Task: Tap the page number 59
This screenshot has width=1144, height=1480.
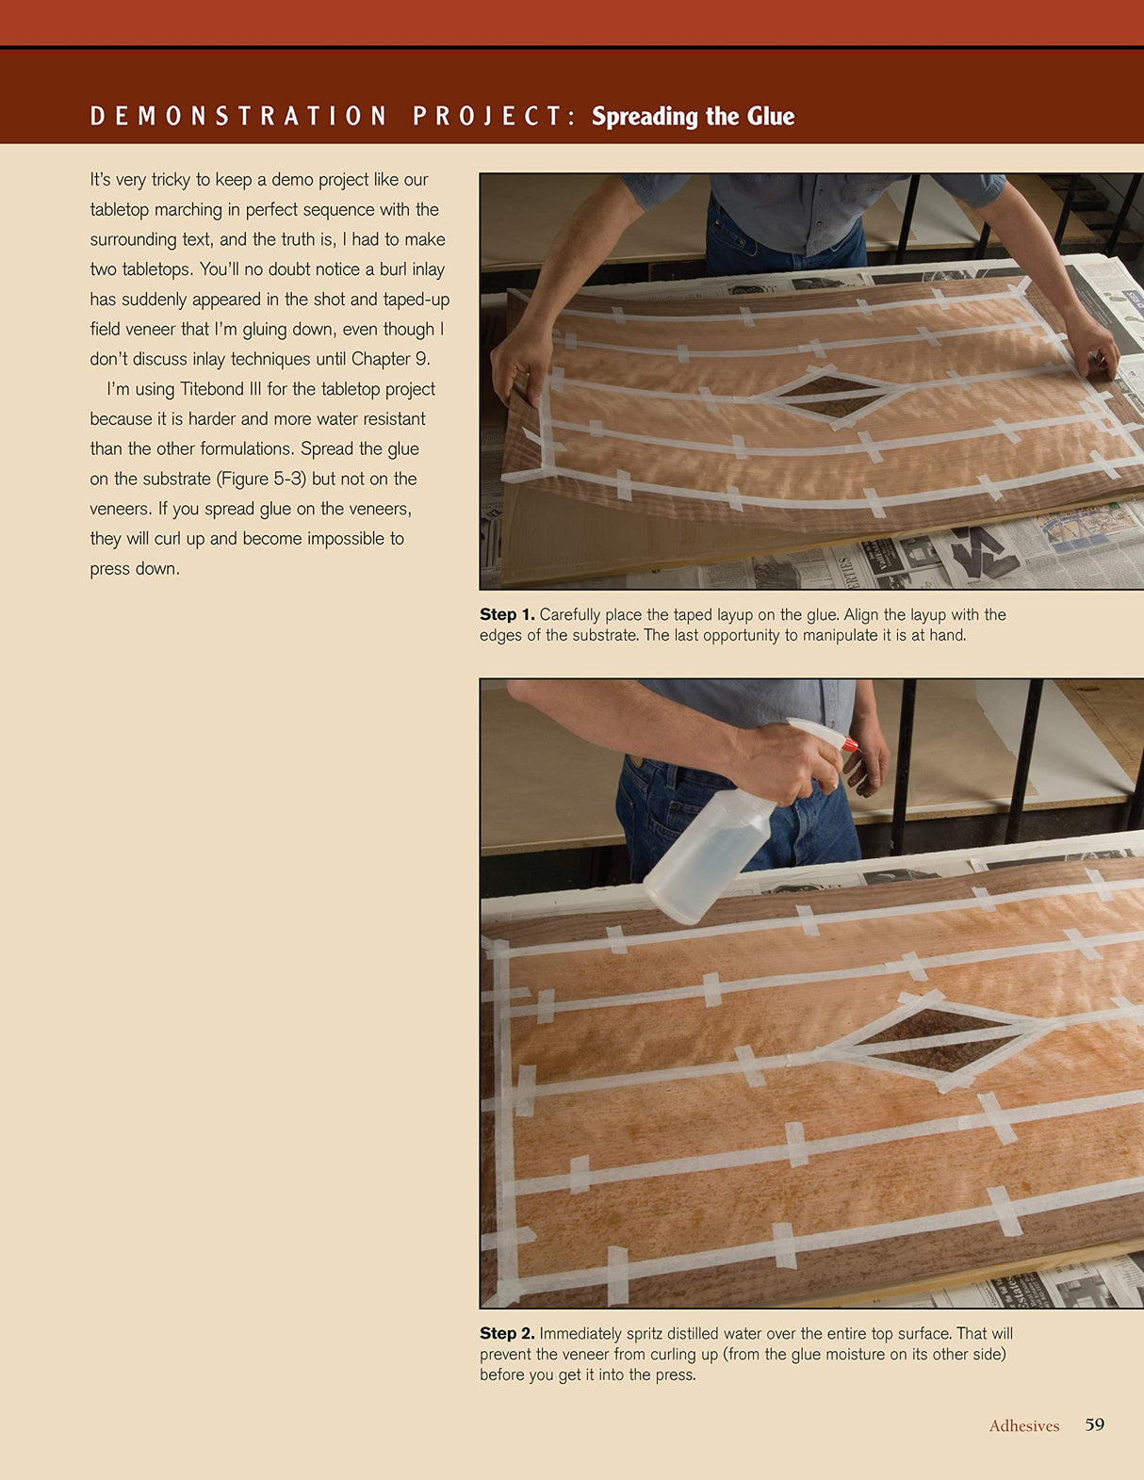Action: pos(1094,1424)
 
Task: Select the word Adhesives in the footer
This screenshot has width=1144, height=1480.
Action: pos(1023,1426)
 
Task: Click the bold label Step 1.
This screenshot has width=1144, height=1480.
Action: pos(506,614)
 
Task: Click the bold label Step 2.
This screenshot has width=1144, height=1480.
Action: pos(506,1333)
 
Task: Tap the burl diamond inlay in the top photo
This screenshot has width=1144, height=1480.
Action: pos(826,395)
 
